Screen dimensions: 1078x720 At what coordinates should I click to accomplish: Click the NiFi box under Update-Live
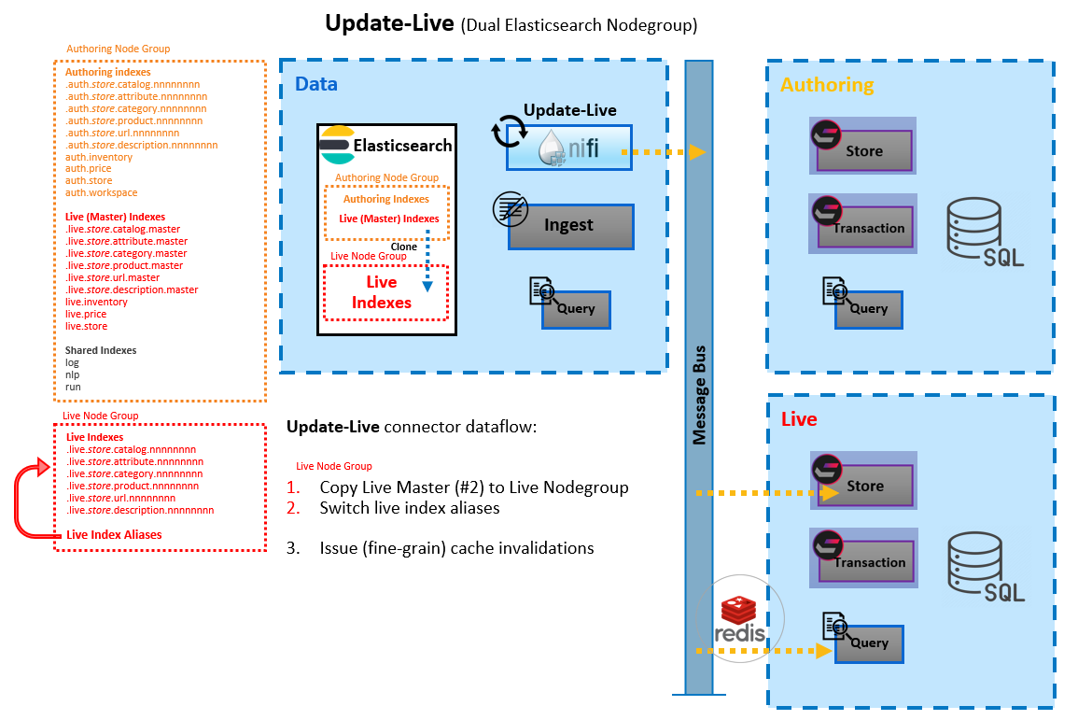(x=569, y=148)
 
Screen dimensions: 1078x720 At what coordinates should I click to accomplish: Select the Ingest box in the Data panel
(x=570, y=226)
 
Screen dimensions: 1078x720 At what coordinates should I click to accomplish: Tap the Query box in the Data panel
(x=576, y=309)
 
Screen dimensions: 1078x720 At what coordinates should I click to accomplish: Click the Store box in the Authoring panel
(x=864, y=150)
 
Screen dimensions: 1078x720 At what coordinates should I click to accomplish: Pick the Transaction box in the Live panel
(x=865, y=562)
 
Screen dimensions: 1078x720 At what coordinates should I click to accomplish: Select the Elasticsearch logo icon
(x=338, y=145)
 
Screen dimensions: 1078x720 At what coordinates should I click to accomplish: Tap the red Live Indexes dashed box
(x=385, y=292)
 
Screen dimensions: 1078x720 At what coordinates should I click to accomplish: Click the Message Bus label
(x=699, y=395)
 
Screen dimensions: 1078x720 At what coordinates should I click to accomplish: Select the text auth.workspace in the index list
(x=101, y=192)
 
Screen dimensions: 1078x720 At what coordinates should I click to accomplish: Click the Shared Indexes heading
(x=101, y=350)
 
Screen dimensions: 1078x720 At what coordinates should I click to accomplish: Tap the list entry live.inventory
(x=96, y=302)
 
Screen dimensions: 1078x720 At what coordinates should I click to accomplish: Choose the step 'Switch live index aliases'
(x=409, y=508)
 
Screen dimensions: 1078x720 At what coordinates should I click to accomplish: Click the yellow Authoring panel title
(x=827, y=85)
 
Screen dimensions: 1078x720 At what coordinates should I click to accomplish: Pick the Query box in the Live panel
(x=869, y=643)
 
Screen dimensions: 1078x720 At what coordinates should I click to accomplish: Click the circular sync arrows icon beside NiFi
(x=510, y=131)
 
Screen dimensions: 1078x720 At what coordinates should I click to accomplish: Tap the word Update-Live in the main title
(x=389, y=23)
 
